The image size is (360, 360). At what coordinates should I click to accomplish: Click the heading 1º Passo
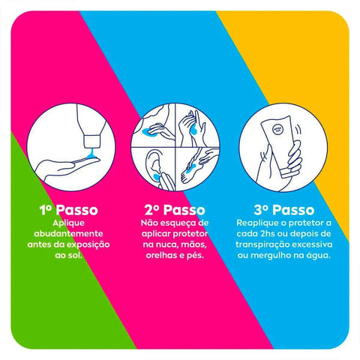pos(68,210)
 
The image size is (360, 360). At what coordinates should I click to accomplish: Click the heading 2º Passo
pos(175,210)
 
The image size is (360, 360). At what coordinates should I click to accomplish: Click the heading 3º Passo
pos(284,210)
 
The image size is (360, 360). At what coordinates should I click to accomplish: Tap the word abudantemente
pos(68,234)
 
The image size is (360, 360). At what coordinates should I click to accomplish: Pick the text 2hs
pos(268,234)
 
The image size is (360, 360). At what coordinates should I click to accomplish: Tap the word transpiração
pos(262,244)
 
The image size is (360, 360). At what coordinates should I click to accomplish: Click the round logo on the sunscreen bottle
pos(277,130)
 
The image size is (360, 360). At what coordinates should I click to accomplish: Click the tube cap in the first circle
pos(91,142)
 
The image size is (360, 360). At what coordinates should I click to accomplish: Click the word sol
pos(75,256)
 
